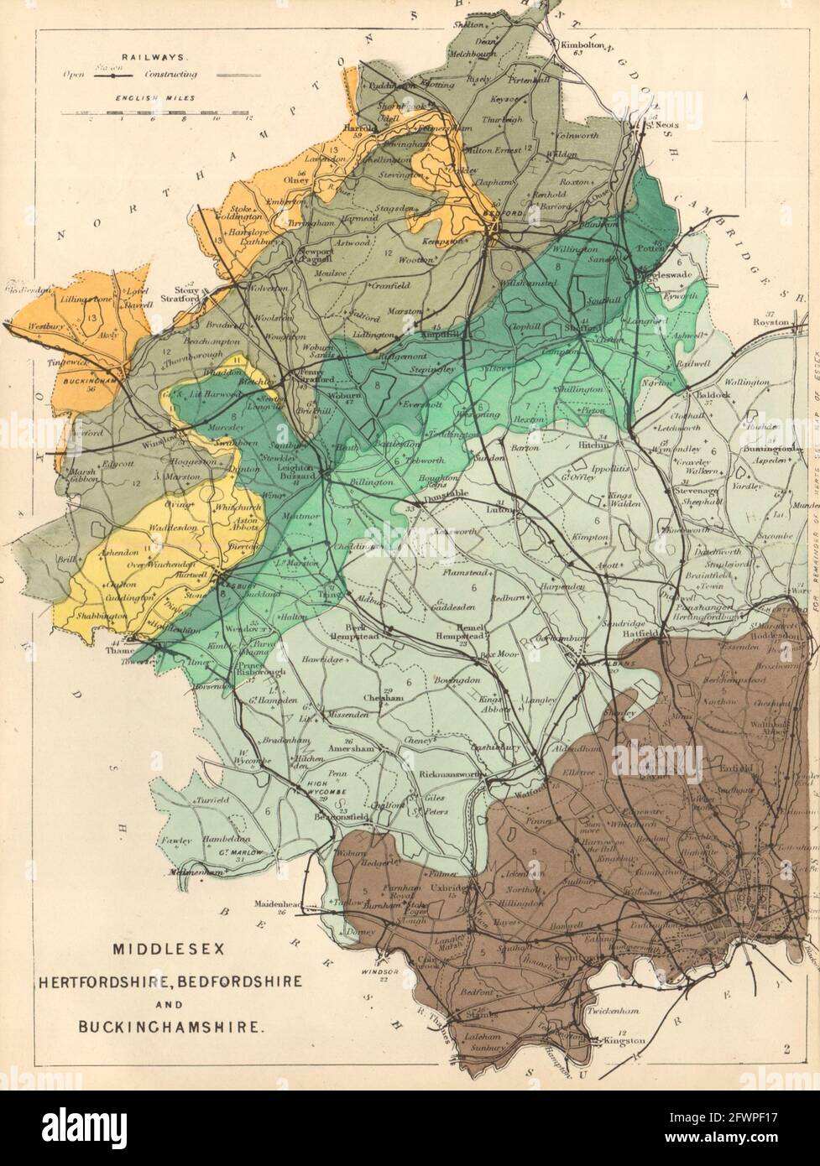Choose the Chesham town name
[378, 697]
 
